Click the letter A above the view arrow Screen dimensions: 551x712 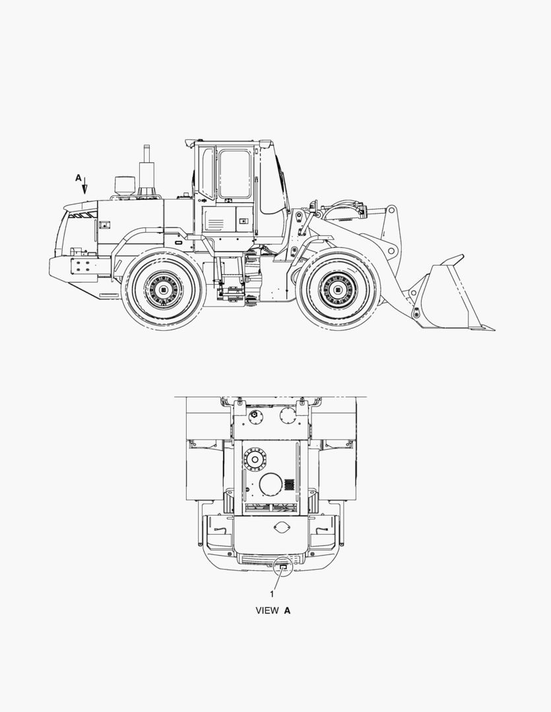78,178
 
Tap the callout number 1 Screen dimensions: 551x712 273,594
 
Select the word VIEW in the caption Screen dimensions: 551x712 267,610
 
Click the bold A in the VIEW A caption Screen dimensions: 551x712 287,610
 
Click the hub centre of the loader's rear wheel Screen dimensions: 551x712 164,289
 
